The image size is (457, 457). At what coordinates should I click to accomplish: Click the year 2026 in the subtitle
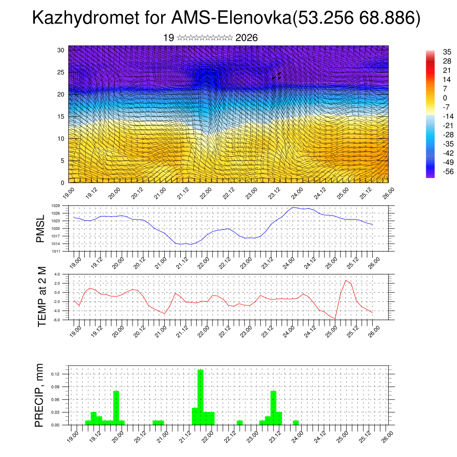click(246, 38)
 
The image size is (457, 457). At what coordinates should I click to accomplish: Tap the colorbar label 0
click(445, 98)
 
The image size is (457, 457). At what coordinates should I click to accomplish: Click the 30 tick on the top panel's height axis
click(61, 50)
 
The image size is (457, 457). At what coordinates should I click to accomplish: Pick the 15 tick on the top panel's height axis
click(61, 116)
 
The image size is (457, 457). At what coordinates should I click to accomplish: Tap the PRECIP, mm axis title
click(40, 395)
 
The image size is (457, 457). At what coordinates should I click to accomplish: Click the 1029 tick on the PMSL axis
click(55, 206)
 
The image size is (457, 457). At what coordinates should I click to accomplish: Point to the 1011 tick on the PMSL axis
click(55, 251)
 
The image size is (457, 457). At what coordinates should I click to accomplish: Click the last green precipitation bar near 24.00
click(296, 423)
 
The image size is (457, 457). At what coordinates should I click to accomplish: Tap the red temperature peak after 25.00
click(346, 280)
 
